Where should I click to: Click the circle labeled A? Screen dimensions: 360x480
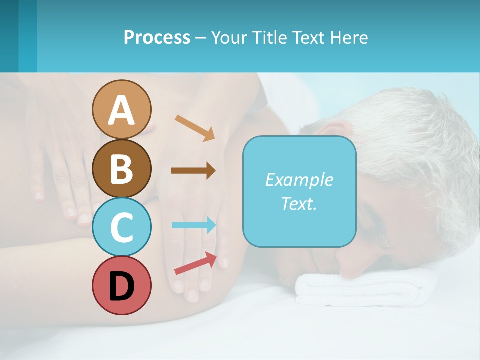pyautogui.click(x=121, y=109)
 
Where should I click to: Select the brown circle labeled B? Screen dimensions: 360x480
pyautogui.click(x=121, y=168)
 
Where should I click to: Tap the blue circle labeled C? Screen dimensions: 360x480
pyautogui.click(x=121, y=227)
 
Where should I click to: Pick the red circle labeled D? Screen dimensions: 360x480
pyautogui.click(x=121, y=285)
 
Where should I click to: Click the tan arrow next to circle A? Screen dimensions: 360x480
pyautogui.click(x=195, y=128)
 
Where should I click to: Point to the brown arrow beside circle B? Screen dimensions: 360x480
pyautogui.click(x=193, y=170)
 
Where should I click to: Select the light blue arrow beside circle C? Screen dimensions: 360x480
pyautogui.click(x=194, y=225)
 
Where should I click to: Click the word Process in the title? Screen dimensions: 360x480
pyautogui.click(x=157, y=37)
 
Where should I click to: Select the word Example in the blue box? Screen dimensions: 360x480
pyautogui.click(x=299, y=180)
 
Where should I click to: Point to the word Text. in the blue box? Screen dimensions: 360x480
pyautogui.click(x=299, y=204)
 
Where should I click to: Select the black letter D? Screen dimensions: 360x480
pyautogui.click(x=121, y=286)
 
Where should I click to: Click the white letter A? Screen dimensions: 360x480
pyautogui.click(x=121, y=110)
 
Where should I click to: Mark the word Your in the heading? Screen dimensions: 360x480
pyautogui.click(x=229, y=37)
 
